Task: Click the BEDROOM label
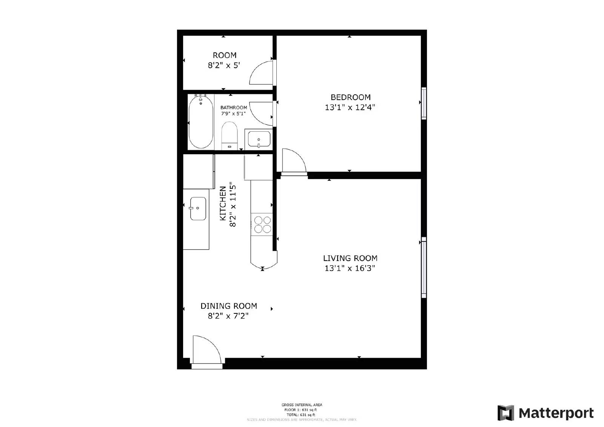click(350, 97)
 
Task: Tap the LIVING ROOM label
click(350, 258)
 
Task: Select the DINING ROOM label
click(228, 306)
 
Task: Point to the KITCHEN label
click(223, 204)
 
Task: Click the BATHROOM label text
click(234, 108)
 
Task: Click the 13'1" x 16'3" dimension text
click(350, 269)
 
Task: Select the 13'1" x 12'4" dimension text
click(350, 108)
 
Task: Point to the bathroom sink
click(259, 139)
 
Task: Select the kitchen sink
click(198, 208)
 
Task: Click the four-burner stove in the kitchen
click(262, 224)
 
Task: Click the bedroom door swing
click(293, 161)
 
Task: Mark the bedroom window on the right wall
click(424, 103)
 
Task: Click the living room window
click(424, 267)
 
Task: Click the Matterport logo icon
click(505, 413)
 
